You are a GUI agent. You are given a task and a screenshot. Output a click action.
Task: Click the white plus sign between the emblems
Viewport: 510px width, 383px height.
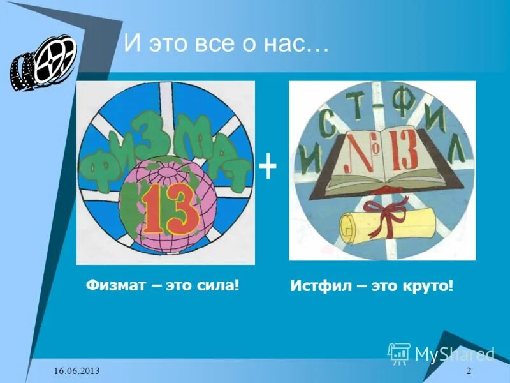pyautogui.click(x=268, y=169)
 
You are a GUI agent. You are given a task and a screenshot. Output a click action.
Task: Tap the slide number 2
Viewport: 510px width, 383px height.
pyautogui.click(x=469, y=372)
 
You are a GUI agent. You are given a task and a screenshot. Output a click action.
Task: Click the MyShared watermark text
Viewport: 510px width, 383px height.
pyautogui.click(x=454, y=354)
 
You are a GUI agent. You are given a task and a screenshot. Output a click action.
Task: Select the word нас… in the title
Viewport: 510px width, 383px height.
pyautogui.click(x=299, y=45)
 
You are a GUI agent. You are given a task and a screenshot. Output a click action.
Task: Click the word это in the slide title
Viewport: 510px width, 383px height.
pyautogui.click(x=170, y=45)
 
